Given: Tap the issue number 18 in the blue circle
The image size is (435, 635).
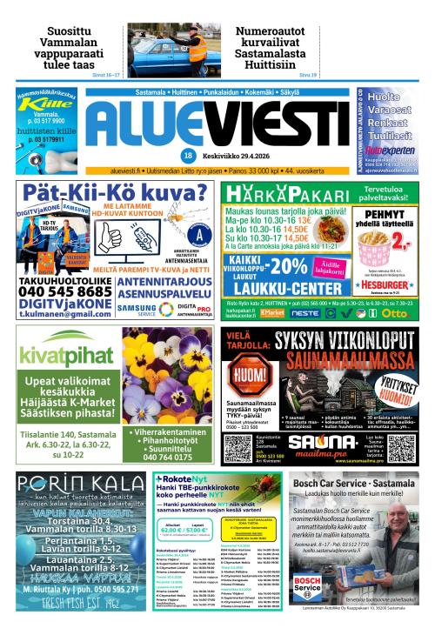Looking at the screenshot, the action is click(x=212, y=155).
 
